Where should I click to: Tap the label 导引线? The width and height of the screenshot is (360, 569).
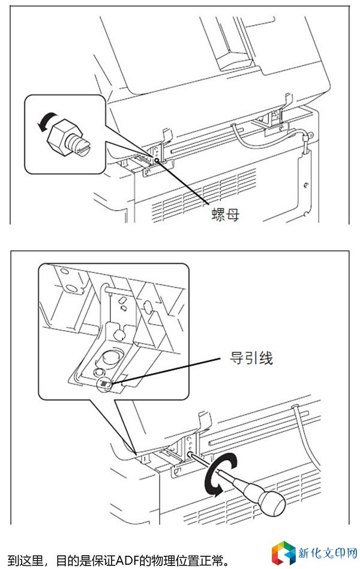tap(251, 359)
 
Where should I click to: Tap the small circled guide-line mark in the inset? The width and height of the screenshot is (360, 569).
tap(104, 383)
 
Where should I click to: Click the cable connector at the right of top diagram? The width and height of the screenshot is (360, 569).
tap(306, 142)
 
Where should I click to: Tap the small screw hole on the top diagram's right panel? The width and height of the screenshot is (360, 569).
tap(305, 184)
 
